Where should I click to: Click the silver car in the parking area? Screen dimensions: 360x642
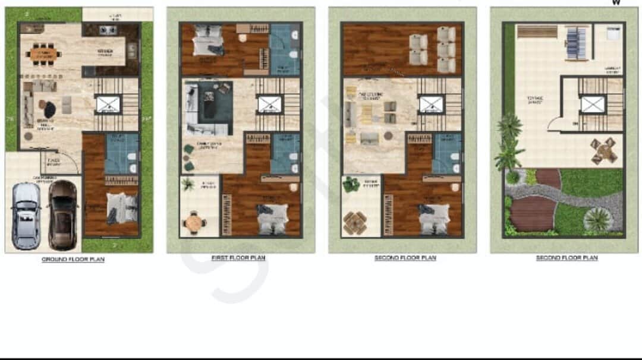click(26, 215)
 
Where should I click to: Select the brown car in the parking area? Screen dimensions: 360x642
click(62, 214)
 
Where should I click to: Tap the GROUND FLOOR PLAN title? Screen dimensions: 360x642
click(73, 260)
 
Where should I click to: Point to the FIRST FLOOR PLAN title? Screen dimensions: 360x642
click(238, 258)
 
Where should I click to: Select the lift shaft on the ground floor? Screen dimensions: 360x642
click(108, 105)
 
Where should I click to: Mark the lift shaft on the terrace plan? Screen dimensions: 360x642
click(593, 105)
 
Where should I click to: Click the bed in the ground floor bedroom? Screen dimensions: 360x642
click(122, 209)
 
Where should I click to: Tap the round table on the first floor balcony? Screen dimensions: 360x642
click(194, 223)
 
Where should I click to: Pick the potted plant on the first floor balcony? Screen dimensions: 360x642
click(188, 185)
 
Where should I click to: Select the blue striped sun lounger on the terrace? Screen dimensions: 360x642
click(575, 43)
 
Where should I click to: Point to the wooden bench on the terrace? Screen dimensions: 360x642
click(537, 31)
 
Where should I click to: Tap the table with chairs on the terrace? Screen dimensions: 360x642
click(604, 150)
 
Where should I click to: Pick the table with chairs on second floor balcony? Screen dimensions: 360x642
click(355, 223)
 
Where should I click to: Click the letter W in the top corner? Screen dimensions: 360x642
click(616, 2)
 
